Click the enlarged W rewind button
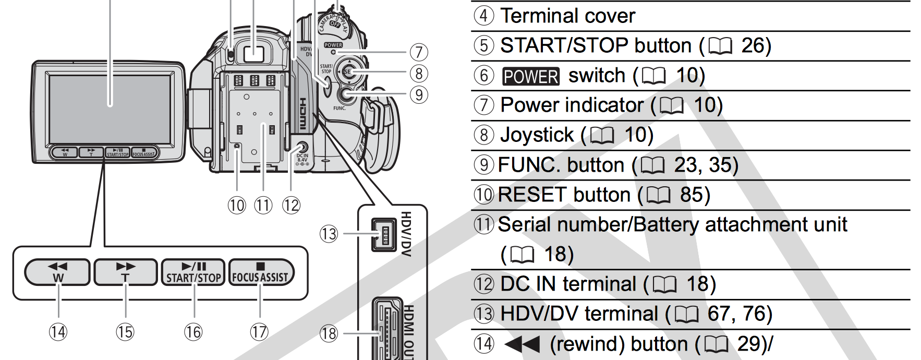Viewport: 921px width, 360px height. click(x=57, y=272)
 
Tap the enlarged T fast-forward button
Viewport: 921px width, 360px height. click(x=125, y=272)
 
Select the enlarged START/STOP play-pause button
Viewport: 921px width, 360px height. click(x=193, y=272)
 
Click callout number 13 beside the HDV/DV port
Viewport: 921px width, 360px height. click(x=329, y=234)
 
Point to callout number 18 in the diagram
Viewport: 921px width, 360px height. click(x=329, y=333)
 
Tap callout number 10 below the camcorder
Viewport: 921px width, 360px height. click(x=236, y=206)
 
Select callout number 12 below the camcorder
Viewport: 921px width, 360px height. click(x=291, y=206)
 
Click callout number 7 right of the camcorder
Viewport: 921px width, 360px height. click(x=419, y=52)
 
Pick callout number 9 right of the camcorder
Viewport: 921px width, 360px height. click(x=419, y=95)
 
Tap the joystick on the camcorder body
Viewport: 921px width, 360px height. click(x=348, y=72)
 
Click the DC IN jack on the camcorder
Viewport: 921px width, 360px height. click(x=301, y=147)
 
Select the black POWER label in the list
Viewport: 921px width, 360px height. click(x=530, y=76)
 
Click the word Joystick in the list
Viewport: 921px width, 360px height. click(x=537, y=135)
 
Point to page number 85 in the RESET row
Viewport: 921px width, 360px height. click(x=692, y=195)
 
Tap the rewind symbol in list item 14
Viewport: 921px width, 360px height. click(x=523, y=344)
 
